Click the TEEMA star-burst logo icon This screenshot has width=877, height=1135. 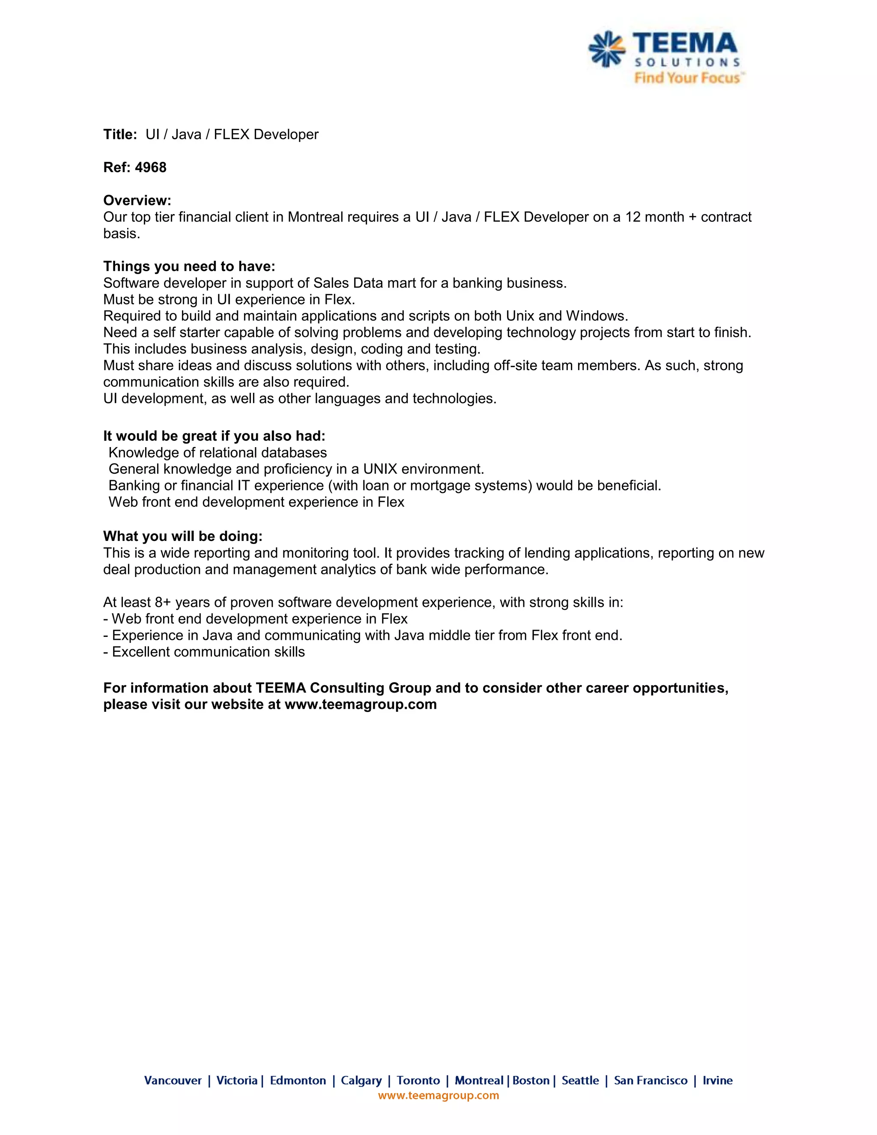[x=606, y=49]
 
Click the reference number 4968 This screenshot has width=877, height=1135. [x=151, y=167]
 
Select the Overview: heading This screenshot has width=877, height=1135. [x=137, y=200]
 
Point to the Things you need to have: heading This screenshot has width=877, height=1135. [x=189, y=266]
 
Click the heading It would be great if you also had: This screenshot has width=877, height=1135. [x=214, y=436]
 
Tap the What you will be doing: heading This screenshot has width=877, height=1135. [x=183, y=536]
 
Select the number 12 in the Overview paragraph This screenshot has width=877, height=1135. [x=633, y=217]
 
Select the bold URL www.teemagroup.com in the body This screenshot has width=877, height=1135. [x=361, y=704]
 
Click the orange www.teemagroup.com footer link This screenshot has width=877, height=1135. [x=438, y=1095]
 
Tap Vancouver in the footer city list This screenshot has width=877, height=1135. [x=173, y=1081]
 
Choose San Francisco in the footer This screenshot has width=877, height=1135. [x=650, y=1081]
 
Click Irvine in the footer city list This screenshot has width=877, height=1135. [x=718, y=1081]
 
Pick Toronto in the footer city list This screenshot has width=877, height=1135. [x=418, y=1081]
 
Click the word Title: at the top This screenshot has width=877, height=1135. [x=120, y=134]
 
